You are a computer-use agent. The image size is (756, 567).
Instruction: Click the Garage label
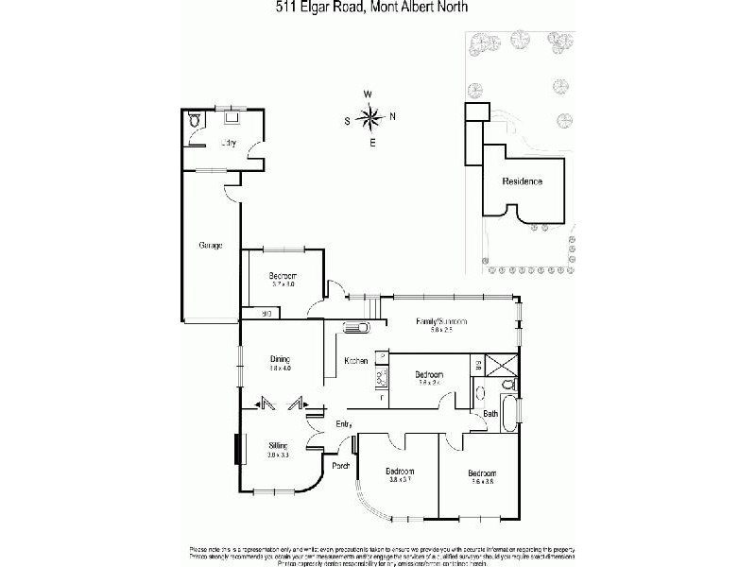[210, 246]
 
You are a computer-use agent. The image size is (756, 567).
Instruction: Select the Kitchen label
[355, 360]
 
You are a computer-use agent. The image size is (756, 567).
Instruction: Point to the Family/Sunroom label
[443, 322]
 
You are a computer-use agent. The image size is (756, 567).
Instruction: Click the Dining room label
[280, 359]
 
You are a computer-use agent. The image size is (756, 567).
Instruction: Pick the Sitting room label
[278, 444]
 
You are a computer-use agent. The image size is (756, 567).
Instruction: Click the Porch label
[340, 465]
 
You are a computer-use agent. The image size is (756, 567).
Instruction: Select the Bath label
[490, 414]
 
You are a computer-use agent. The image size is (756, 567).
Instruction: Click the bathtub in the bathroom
[510, 413]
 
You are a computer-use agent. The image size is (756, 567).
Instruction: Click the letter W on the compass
[369, 94]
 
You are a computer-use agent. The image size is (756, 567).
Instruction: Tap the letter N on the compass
[393, 117]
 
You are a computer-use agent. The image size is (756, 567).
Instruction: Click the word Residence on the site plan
[522, 180]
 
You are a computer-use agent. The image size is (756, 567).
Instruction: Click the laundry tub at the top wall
[232, 120]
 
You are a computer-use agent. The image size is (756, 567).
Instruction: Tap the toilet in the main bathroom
[508, 385]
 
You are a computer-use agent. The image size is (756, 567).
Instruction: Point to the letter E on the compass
[372, 143]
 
